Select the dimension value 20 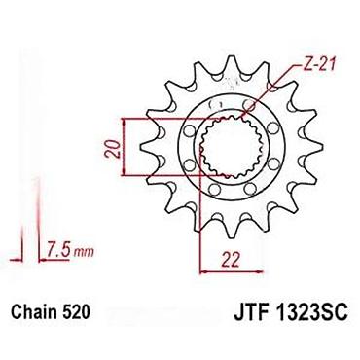pyautogui.click(x=112, y=149)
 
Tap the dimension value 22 pyautogui.click(x=231, y=260)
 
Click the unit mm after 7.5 pyautogui.click(x=84, y=252)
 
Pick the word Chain pyautogui.click(x=32, y=312)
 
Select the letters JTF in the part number pyautogui.click(x=248, y=312)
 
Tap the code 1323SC pyautogui.click(x=309, y=312)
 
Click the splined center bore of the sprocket pyautogui.click(x=231, y=148)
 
